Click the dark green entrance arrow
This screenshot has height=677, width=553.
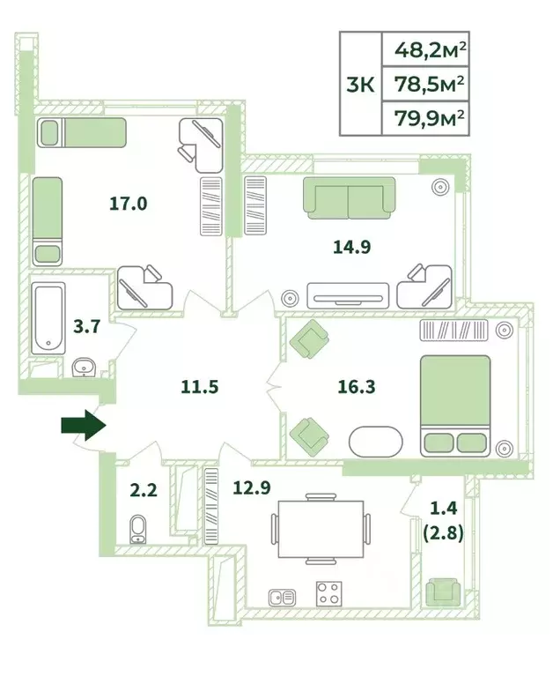[84, 425]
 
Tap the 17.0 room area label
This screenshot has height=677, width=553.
[128, 204]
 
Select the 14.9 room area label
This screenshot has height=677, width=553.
[352, 247]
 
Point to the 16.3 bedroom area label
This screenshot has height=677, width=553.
[357, 387]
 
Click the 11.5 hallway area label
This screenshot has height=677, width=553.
[200, 387]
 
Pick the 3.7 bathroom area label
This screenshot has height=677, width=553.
[86, 326]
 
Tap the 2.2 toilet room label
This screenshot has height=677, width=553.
[144, 490]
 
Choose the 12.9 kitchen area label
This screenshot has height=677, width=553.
[252, 487]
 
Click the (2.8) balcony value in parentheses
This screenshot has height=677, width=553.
[444, 533]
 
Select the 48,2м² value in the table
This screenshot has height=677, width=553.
[431, 50]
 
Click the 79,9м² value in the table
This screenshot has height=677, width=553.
[430, 118]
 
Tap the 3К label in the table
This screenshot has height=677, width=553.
[361, 85]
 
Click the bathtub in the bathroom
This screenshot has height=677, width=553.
[48, 318]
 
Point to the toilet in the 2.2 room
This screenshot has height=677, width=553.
[138, 530]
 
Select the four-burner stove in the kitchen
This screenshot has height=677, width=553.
[329, 593]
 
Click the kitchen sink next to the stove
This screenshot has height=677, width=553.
[282, 598]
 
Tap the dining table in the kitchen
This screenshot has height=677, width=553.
[321, 529]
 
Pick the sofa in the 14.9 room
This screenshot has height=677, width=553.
[349, 197]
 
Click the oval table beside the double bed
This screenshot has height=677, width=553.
[375, 442]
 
